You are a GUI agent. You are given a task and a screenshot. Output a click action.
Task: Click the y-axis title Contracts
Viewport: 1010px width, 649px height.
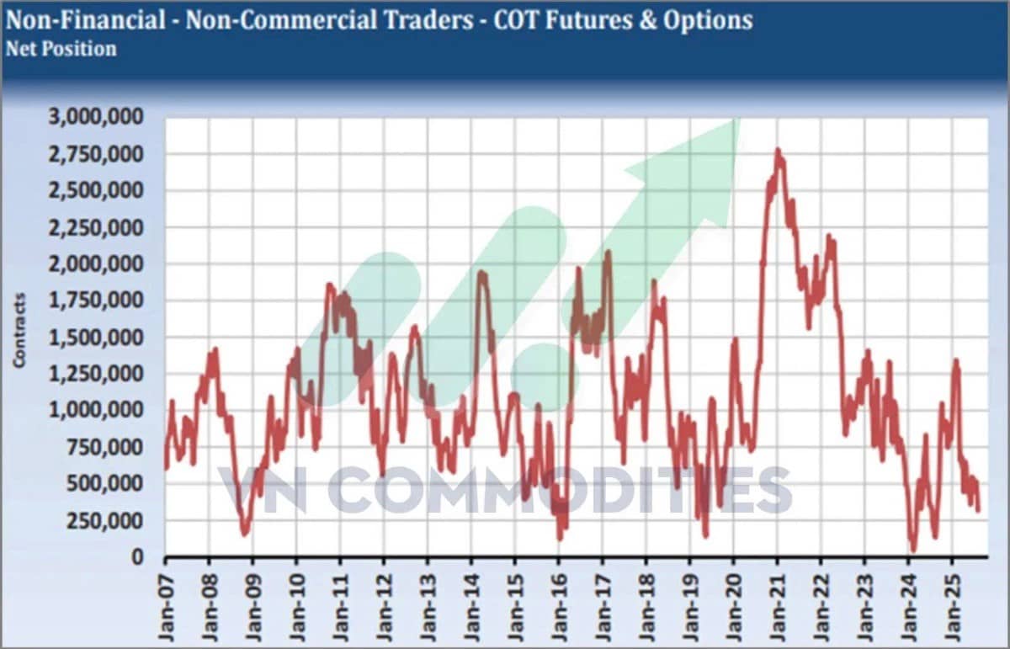(19, 330)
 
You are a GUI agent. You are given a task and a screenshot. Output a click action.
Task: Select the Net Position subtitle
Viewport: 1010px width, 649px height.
(61, 49)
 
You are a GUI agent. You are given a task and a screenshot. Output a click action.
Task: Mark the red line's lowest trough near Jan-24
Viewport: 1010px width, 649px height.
(913, 550)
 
